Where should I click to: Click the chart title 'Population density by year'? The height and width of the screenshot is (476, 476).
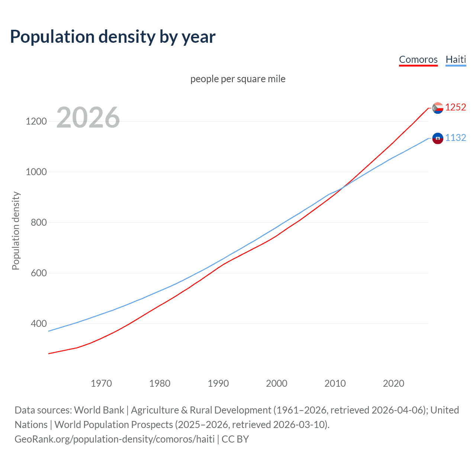tap(113, 37)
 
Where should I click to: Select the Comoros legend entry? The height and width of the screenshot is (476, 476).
tap(418, 59)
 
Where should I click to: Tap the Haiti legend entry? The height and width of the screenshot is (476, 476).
tap(456, 59)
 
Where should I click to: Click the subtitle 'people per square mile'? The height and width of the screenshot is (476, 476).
tap(238, 79)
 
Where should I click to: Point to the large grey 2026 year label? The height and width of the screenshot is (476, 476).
tap(88, 118)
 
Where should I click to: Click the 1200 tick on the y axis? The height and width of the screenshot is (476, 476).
tap(36, 121)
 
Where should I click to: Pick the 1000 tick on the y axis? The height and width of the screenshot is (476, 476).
tap(36, 172)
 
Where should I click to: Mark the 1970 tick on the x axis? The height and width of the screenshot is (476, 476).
tap(101, 383)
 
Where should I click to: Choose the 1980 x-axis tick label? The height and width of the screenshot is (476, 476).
tap(160, 383)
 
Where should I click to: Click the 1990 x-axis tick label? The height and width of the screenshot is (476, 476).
tap(218, 383)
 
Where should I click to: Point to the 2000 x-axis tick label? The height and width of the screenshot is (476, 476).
tap(277, 383)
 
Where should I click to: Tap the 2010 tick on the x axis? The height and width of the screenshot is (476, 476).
tap(335, 383)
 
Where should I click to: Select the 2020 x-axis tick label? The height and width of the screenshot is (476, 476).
tap(393, 383)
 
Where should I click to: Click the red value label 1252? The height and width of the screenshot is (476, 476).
tap(456, 107)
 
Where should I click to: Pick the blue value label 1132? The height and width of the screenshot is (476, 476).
tap(456, 138)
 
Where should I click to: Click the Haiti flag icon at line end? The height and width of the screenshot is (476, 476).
tap(438, 138)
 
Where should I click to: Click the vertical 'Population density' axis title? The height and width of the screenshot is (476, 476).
tap(16, 231)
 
